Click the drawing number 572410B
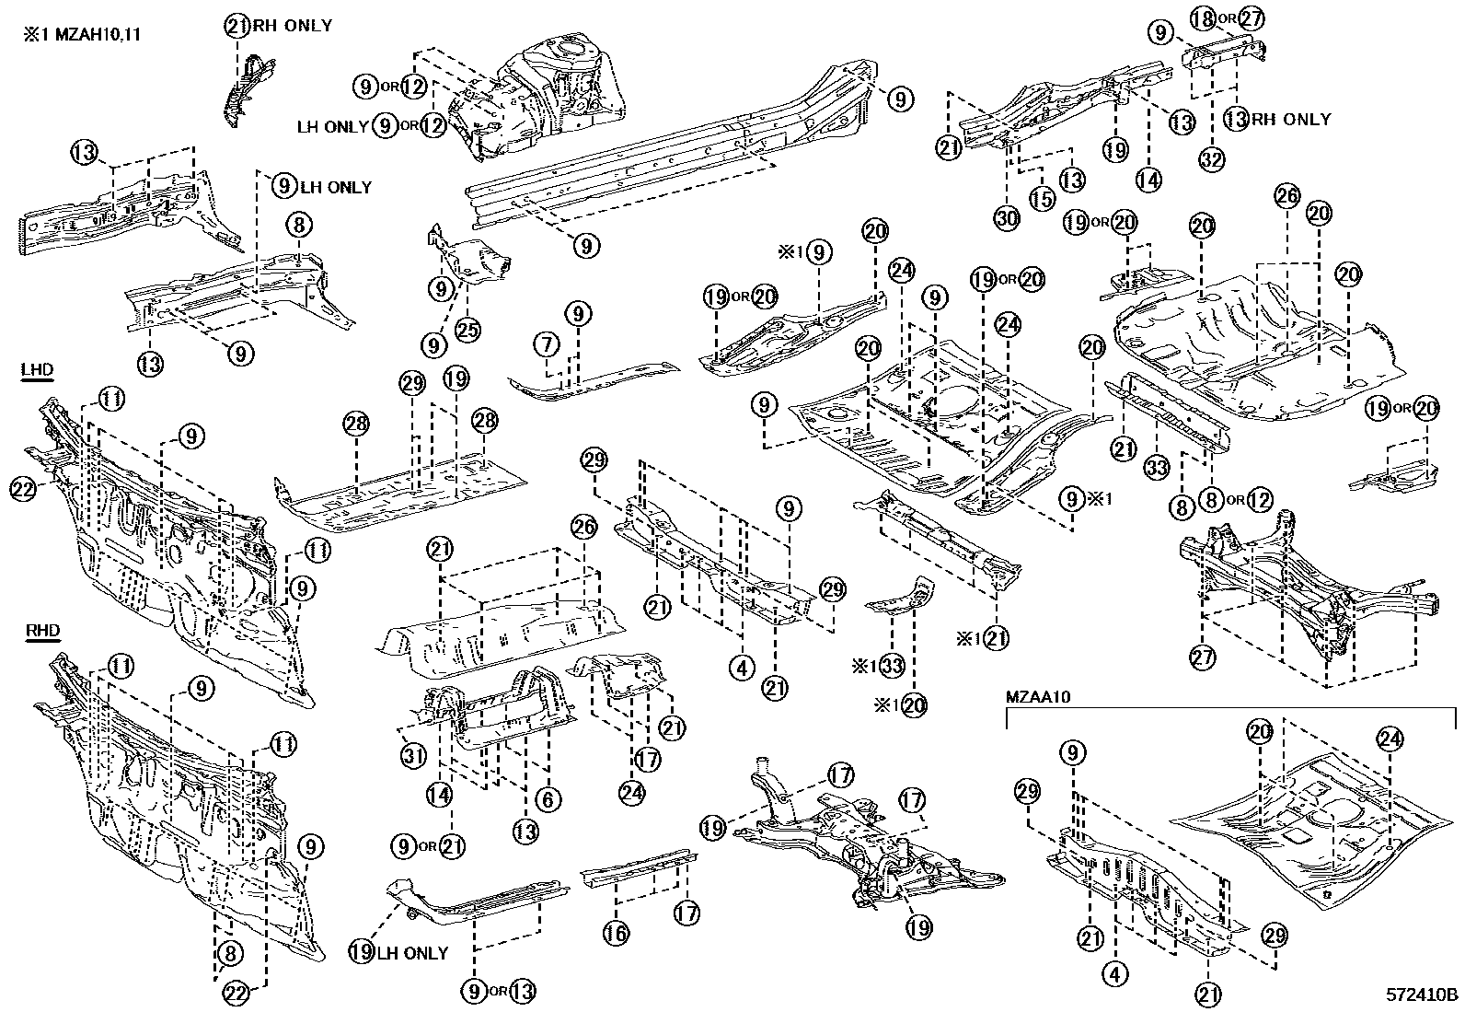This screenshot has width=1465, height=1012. pos(1423,995)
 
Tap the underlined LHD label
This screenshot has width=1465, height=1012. pos(37,371)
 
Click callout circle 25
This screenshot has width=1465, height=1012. pos(468,329)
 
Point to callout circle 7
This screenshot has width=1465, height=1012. pos(547,345)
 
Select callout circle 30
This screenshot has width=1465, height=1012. pos(1008,218)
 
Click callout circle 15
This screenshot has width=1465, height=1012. pos(1041,198)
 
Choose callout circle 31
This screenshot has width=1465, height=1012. pos(414,756)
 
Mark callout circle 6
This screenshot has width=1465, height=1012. pos(548,799)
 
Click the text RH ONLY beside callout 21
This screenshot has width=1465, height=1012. pos(292,26)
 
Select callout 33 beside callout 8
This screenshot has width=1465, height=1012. pos(1157,468)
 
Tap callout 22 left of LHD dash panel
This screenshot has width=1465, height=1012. pos(23,490)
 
